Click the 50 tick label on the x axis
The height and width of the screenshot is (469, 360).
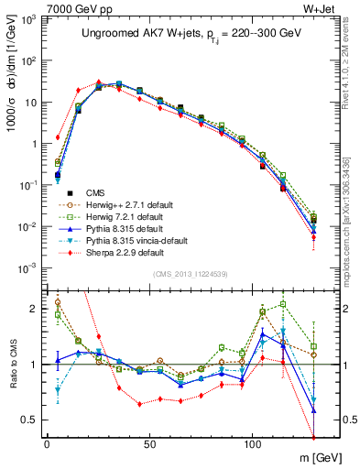[x=149, y=442]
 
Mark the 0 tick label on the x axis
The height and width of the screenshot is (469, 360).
[x=47, y=442]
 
